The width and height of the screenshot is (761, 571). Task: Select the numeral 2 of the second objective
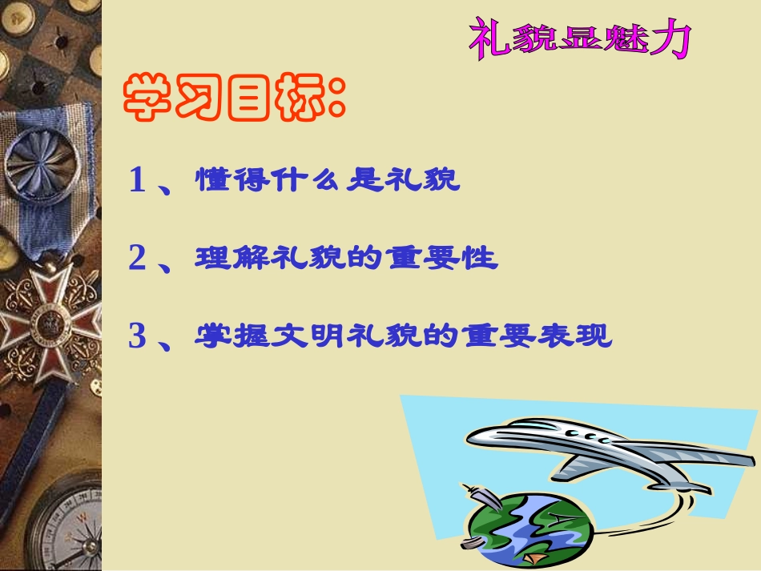click(x=138, y=259)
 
